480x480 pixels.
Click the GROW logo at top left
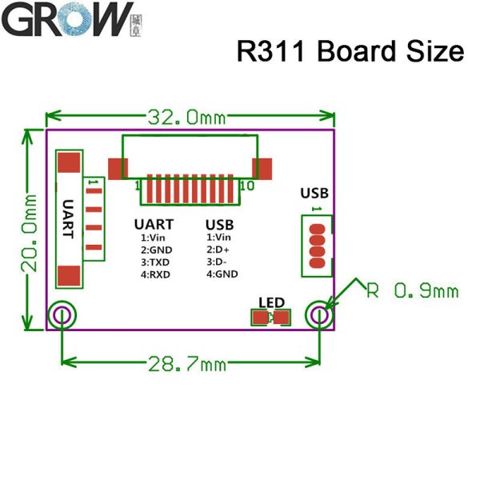click(67, 19)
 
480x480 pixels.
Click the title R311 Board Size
click(350, 51)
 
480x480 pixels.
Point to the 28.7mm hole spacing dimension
click(186, 365)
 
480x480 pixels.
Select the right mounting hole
click(319, 316)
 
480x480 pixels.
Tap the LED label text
click(271, 302)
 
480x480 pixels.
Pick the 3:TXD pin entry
click(155, 262)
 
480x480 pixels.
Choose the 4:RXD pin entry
click(155, 274)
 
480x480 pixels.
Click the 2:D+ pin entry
click(221, 250)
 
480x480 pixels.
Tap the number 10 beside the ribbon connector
click(246, 186)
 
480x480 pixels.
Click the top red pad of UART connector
click(70, 163)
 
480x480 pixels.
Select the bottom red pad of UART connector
click(70, 275)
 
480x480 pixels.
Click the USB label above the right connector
click(314, 193)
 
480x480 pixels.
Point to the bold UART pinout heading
click(154, 225)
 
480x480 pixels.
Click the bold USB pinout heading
click(220, 225)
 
